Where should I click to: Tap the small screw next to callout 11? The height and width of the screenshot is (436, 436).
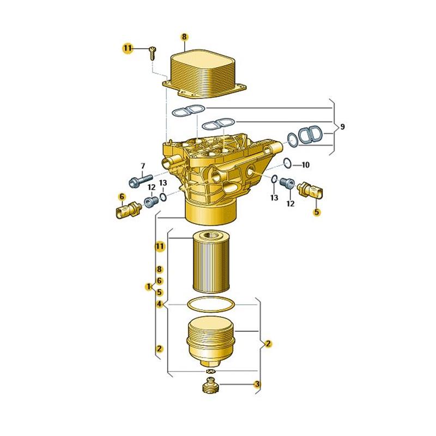153,53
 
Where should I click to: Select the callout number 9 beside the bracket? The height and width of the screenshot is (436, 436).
343,127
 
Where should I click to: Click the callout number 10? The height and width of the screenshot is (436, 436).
305,165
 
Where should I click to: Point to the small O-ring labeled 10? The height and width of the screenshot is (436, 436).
288,163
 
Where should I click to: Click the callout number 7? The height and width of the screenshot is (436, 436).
143,166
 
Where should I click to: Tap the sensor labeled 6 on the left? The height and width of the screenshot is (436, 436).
128,210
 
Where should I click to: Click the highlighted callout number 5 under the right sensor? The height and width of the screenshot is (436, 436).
317,212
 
